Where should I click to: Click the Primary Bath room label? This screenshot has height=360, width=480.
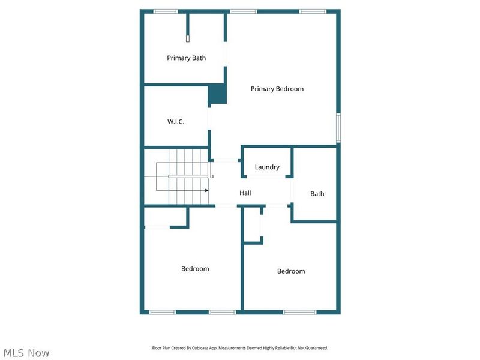coord(186,58)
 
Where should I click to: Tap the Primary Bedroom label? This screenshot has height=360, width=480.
coord(277,89)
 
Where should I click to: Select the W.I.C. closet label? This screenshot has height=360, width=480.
coord(176,122)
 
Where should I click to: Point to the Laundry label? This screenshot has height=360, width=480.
coord(267,167)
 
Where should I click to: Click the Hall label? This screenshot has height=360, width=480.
coord(245,193)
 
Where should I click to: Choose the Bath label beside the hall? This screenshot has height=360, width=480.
coord(317,194)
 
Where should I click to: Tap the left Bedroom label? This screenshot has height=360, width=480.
coord(195,269)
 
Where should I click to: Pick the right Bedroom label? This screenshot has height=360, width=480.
coord(291,271)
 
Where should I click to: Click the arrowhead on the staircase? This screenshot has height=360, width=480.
coord(206,190)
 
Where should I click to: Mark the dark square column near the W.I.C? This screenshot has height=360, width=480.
coord(217,94)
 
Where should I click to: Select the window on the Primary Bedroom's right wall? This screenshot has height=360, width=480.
coord(338,128)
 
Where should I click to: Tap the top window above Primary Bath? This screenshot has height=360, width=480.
coord(166,11)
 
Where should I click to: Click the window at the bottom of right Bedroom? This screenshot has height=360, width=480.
coord(299,312)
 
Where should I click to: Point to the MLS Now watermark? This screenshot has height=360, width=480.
coord(26,353)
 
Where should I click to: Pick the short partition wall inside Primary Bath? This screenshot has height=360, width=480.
coord(188,27)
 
